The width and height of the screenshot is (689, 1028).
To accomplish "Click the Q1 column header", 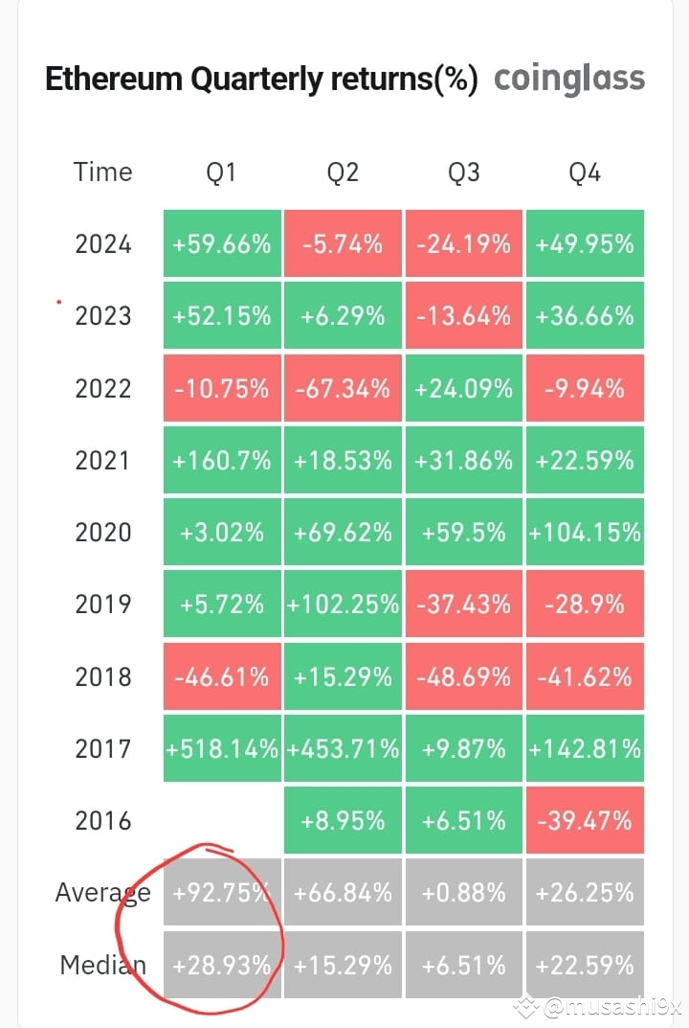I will tap(221, 172).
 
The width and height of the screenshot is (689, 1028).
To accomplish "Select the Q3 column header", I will tap(463, 172).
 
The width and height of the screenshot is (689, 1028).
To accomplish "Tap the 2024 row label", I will tap(103, 243).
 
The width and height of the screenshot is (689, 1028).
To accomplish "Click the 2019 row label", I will tap(103, 605).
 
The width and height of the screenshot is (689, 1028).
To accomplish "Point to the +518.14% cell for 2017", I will tap(222, 748).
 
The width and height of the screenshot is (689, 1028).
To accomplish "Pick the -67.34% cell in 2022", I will tap(343, 388).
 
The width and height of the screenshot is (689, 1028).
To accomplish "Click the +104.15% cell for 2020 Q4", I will tap(584, 533).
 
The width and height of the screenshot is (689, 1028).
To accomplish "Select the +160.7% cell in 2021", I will tap(222, 461).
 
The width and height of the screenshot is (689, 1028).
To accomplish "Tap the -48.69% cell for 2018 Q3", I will tap(463, 676).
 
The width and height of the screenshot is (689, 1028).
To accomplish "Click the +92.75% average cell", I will tap(222, 893).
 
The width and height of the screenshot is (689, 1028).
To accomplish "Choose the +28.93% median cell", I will tap(222, 965).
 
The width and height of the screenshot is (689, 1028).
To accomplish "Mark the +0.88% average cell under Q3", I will tap(463, 893).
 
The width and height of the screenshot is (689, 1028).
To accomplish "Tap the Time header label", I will tap(102, 172).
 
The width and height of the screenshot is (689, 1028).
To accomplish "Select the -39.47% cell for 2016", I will tap(584, 820).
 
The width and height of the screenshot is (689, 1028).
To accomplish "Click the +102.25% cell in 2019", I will tap(343, 605).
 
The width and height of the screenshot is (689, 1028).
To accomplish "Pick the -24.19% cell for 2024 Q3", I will tap(463, 243).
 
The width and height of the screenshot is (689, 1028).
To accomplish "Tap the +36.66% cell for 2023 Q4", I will tap(584, 315).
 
